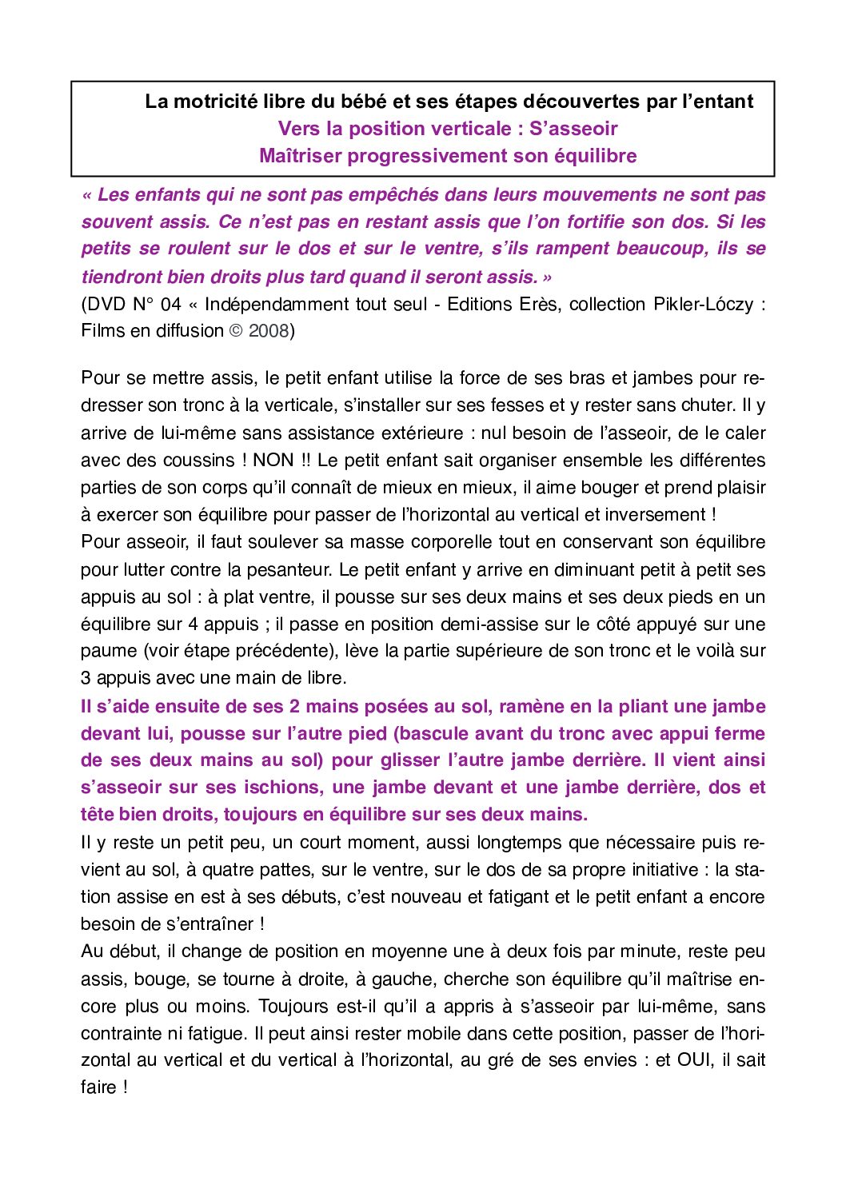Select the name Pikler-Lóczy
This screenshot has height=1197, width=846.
tap(704, 305)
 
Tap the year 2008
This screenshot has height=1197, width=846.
tap(269, 331)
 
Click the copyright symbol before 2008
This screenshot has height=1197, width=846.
tap(236, 331)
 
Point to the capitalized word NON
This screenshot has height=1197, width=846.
tap(273, 461)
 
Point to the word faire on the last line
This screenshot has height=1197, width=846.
tap(98, 1087)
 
